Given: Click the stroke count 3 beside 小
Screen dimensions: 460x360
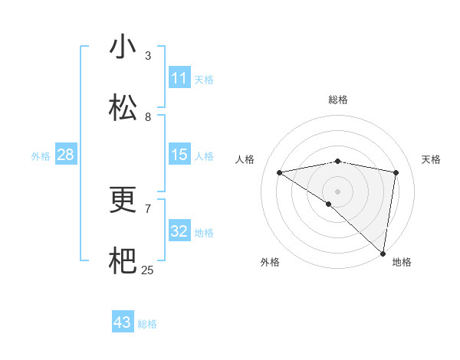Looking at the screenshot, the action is click(x=148, y=55).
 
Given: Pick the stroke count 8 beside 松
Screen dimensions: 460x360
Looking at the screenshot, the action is click(x=148, y=116).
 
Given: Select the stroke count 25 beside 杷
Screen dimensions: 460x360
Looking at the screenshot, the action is click(x=147, y=270).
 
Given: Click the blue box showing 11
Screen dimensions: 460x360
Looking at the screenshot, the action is click(x=179, y=78).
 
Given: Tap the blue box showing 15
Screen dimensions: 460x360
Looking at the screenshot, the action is click(x=179, y=155).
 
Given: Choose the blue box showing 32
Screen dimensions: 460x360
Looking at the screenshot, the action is click(x=179, y=231).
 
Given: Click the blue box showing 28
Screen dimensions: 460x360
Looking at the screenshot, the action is click(x=65, y=155).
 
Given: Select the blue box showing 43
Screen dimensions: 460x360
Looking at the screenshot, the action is click(x=123, y=322).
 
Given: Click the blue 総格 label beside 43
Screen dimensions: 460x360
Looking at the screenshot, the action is click(x=147, y=324).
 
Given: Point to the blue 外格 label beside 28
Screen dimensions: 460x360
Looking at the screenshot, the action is click(x=41, y=156).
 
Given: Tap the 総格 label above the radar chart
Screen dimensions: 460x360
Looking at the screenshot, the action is click(x=337, y=100).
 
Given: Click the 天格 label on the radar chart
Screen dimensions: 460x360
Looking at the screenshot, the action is click(x=431, y=159).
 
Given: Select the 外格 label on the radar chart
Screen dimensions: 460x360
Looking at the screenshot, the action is click(x=269, y=263).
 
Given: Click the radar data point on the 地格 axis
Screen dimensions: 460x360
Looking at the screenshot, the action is click(x=383, y=254).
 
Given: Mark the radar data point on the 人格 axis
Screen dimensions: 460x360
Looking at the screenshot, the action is click(x=279, y=172).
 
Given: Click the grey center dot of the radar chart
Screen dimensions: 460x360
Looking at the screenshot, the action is click(x=337, y=191).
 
